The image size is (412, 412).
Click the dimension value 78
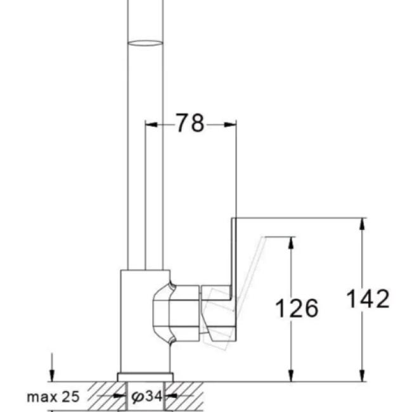coord(190,124)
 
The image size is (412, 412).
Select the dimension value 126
coord(296,309)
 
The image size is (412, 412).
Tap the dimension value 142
coord(367,299)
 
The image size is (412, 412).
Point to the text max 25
coord(53,397)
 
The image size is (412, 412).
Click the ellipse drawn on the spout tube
coord(145,43)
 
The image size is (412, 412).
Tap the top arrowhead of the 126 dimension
coord(291,241)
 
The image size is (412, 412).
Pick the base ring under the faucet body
coord(145,377)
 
